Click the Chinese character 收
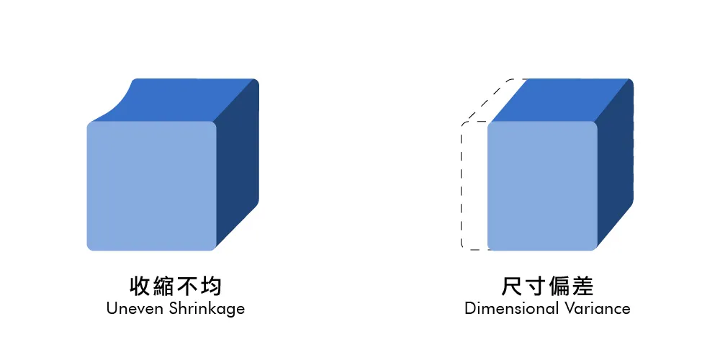(139, 286)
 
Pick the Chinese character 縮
(163, 286)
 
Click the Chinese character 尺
(510, 286)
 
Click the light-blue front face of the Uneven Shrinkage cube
(151, 186)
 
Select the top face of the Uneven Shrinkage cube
(187, 99)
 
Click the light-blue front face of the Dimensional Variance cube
(542, 186)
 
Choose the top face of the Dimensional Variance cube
(562, 99)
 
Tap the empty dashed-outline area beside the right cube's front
(474, 186)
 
